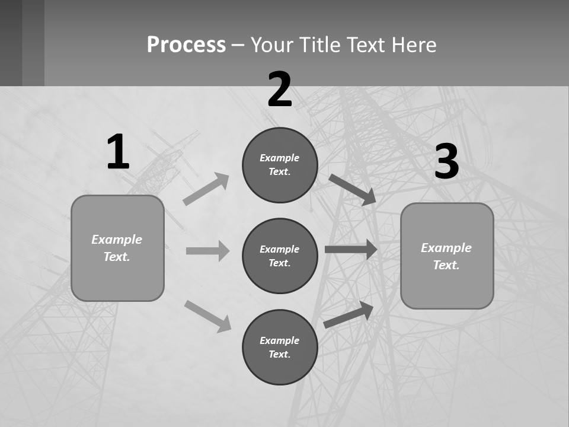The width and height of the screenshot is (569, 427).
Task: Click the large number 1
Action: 119,152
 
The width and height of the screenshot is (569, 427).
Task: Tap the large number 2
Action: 280,90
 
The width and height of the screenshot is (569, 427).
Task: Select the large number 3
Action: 446,161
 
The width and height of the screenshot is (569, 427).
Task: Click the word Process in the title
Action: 186,44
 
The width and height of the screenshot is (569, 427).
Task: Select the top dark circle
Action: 280,165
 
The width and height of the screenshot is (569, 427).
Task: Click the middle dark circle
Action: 280,256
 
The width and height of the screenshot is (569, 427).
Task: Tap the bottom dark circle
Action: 280,347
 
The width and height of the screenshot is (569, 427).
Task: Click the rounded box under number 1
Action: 117,248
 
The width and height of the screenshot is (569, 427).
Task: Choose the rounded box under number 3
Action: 447,256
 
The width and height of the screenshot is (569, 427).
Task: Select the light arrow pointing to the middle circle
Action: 207,251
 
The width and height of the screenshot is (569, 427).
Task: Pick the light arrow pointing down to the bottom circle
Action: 207,316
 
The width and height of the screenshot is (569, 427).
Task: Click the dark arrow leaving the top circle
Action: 352,190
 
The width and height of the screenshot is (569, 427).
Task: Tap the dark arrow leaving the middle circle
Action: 351,250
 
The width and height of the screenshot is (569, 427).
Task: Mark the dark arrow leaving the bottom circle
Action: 349,314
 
